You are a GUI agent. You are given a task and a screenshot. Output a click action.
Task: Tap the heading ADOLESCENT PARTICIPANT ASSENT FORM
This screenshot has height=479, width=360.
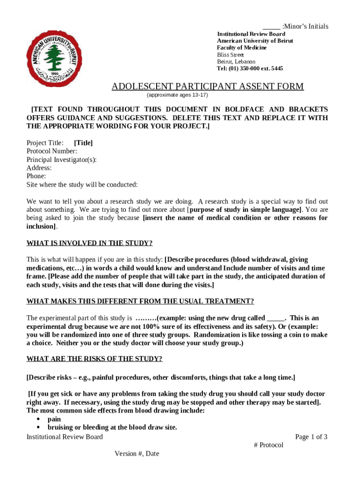click(207, 87)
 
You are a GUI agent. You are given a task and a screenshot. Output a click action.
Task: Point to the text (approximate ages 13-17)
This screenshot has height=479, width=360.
click(178, 95)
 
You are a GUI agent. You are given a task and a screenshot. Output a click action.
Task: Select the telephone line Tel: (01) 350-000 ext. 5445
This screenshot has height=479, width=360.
click(250, 68)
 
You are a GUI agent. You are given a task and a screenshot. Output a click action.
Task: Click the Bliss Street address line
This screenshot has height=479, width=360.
click(230, 55)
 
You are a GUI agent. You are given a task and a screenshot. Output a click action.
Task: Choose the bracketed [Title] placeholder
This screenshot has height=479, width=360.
click(83, 143)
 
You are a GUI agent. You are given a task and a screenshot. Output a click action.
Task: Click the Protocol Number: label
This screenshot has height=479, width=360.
click(52, 151)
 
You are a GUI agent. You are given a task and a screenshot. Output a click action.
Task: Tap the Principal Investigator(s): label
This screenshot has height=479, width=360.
click(62, 160)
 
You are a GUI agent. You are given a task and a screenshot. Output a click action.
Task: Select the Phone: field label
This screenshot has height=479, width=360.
click(36, 176)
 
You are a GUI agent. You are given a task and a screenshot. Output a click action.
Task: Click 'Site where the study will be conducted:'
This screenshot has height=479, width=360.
click(82, 185)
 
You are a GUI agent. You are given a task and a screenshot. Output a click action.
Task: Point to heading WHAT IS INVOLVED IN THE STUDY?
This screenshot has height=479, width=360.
click(90, 243)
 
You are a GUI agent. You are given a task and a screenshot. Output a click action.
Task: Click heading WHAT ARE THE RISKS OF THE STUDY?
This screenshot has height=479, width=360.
click(94, 359)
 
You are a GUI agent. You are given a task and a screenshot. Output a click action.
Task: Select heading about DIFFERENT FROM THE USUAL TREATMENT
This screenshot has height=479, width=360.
click(140, 301)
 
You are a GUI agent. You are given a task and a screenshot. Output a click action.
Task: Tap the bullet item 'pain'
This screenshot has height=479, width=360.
click(54, 420)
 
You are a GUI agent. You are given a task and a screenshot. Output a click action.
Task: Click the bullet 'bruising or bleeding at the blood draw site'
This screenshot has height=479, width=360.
click(112, 428)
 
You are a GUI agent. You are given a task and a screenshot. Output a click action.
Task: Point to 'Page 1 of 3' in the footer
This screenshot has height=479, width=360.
click(311, 437)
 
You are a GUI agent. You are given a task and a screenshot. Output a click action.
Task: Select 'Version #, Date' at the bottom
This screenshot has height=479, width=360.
click(137, 453)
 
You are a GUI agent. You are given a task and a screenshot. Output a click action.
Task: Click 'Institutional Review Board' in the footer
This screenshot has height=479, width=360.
click(65, 437)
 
